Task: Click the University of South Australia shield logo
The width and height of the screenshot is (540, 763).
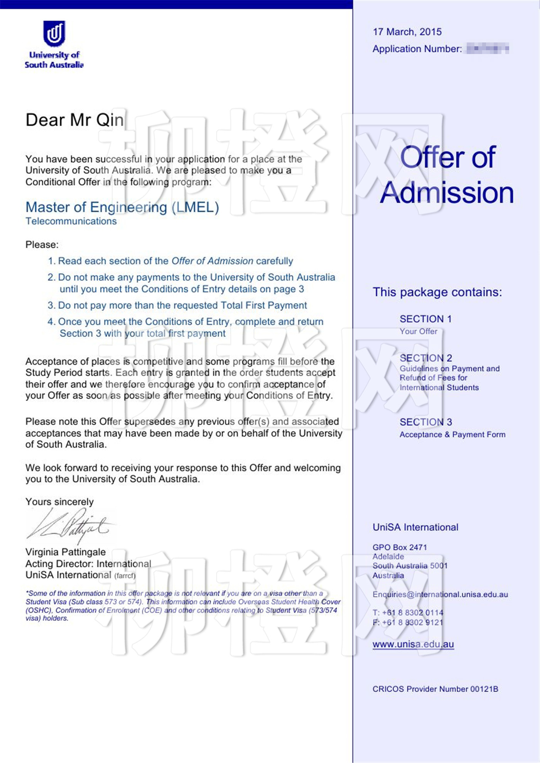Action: pyautogui.click(x=54, y=33)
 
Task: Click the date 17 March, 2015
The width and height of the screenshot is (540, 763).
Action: pyautogui.click(x=407, y=32)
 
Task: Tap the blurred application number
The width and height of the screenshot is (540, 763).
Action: pyautogui.click(x=488, y=49)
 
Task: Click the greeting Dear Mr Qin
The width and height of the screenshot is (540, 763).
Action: pyautogui.click(x=74, y=120)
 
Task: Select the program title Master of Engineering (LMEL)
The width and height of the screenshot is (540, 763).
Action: pyautogui.click(x=122, y=207)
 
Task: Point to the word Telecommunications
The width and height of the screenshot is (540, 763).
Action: pyautogui.click(x=71, y=221)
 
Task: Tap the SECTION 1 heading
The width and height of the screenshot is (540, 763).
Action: pyautogui.click(x=425, y=319)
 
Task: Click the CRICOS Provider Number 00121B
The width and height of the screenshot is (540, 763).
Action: pyautogui.click(x=435, y=689)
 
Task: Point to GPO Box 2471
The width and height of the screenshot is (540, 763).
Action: pyautogui.click(x=400, y=547)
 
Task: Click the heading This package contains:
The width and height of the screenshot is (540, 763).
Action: pyautogui.click(x=437, y=292)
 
